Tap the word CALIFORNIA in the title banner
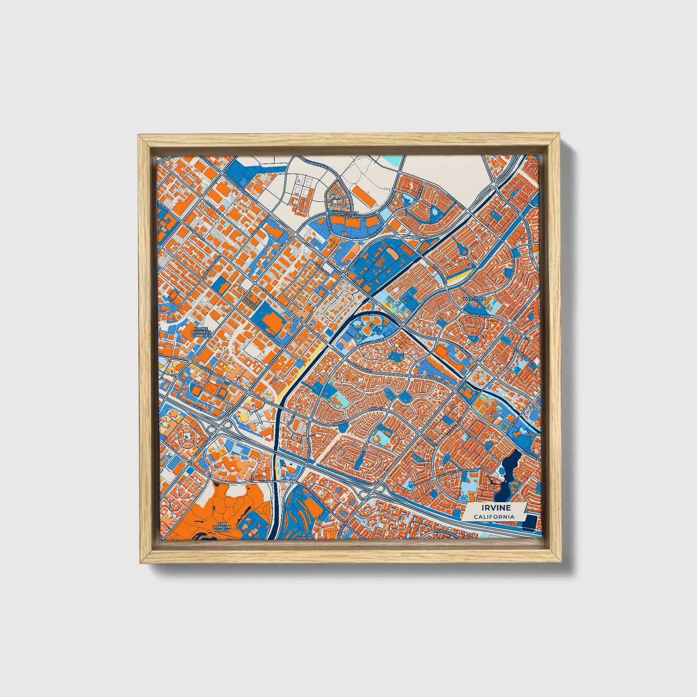493,517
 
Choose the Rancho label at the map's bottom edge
305,537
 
